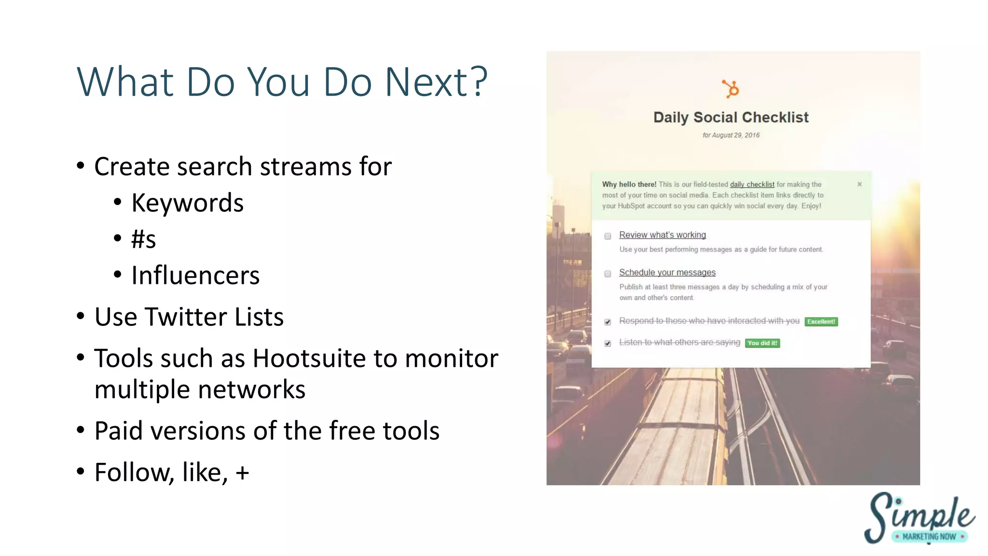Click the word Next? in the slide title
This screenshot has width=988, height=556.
click(x=436, y=82)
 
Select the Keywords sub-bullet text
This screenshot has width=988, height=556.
click(x=187, y=203)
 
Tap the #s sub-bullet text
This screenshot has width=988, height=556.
click(x=143, y=239)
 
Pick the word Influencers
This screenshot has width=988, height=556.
click(x=195, y=276)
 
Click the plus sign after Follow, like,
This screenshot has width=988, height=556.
click(x=242, y=473)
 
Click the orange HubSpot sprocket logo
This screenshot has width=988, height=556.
click(x=730, y=89)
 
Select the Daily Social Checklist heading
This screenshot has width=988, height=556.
click(x=730, y=117)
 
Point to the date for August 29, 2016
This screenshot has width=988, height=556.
click(x=730, y=135)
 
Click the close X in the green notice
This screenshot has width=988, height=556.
click(x=859, y=184)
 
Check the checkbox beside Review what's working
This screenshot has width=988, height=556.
click(x=608, y=236)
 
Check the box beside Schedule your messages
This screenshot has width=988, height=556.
click(x=608, y=274)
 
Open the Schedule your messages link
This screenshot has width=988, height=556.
click(x=667, y=273)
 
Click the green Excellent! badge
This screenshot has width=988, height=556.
click(x=821, y=321)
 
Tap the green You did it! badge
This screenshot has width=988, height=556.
click(x=762, y=343)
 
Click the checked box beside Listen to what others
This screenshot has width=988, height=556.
click(x=608, y=343)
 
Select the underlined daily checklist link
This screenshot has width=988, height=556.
click(x=752, y=184)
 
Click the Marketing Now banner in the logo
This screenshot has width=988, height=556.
click(x=929, y=536)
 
